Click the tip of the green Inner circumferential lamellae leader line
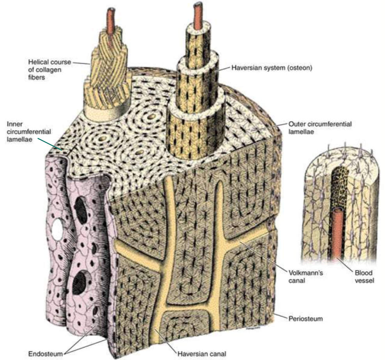pyautogui.click(x=61, y=150)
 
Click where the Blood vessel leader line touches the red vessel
pyautogui.click(x=338, y=258)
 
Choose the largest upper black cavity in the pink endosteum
pyautogui.click(x=81, y=210)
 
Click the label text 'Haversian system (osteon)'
pyautogui.click(x=272, y=68)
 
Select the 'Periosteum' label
pyautogui.click(x=305, y=319)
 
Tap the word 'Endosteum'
pyautogui.click(x=46, y=354)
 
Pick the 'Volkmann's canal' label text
pyautogui.click(x=305, y=276)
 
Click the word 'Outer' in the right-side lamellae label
pyautogui.click(x=296, y=124)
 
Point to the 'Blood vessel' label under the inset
pyautogui.click(x=364, y=276)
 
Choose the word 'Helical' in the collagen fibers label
pyautogui.click(x=39, y=62)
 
